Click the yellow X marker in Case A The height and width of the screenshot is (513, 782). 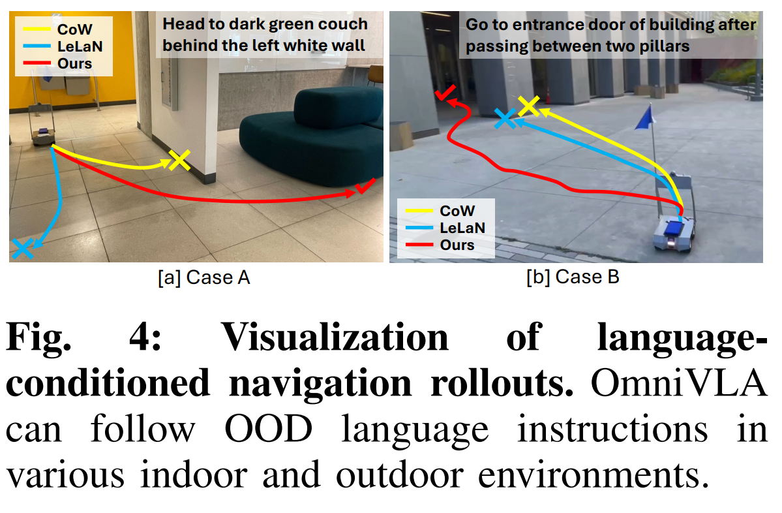[178, 160]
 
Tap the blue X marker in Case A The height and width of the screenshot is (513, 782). [22, 247]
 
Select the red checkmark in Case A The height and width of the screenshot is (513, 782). [365, 188]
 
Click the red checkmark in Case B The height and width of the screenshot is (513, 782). [445, 95]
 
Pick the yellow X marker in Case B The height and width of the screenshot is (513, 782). [528, 106]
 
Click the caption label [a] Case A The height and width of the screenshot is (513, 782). [203, 278]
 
